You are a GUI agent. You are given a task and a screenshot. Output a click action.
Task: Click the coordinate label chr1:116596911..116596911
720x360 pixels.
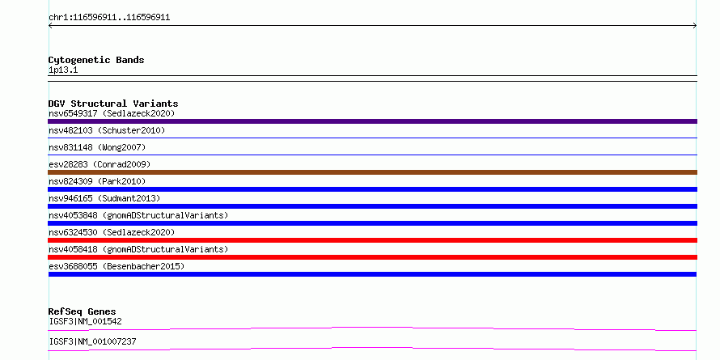pos(109,18)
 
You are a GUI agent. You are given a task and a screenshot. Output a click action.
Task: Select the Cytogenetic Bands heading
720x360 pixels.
pos(96,60)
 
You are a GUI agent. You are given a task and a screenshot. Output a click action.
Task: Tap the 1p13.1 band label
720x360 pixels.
pos(63,70)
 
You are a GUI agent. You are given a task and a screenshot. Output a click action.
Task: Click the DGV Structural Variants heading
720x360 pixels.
pos(113,104)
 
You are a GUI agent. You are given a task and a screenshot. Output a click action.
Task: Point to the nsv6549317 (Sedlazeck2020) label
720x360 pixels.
pos(112,113)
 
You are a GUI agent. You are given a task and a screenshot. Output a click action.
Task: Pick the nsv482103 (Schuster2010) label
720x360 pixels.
pos(107,130)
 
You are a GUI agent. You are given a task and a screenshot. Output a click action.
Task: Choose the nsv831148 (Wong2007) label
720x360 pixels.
pos(97,147)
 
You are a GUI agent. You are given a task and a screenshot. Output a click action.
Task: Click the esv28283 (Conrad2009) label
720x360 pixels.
pos(100,164)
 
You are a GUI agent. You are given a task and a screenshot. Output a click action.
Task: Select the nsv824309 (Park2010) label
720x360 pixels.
pos(97,181)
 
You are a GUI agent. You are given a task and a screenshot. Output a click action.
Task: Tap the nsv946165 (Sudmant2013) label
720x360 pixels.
pos(104,198)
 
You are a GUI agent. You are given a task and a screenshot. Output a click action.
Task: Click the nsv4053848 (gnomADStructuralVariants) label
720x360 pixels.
pos(138,215)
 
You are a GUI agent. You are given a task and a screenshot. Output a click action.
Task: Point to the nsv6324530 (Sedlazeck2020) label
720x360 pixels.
pos(112,232)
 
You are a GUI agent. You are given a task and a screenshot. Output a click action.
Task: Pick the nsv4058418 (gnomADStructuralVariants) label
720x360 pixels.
pos(138,249)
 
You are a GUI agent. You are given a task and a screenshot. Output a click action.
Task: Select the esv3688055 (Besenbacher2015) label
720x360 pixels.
pos(116,266)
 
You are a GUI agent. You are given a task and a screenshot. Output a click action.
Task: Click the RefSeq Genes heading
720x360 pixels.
pos(82,311)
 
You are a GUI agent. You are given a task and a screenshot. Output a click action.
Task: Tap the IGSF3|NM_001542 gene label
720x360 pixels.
pos(85,321)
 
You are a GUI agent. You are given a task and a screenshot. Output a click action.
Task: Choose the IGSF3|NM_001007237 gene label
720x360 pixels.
pos(92,341)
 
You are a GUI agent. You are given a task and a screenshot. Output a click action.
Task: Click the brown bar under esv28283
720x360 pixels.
pos(372,172)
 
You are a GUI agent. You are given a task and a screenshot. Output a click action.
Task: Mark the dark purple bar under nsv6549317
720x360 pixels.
pos(372,121)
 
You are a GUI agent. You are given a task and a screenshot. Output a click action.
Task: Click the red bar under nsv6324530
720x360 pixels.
pos(372,240)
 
